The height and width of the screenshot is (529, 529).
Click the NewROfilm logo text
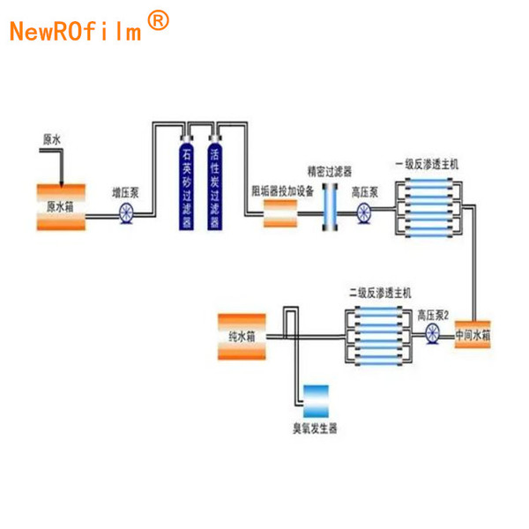point(75,31)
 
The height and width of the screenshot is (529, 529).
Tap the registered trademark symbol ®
point(157,21)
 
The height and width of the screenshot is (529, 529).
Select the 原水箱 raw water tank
point(62,206)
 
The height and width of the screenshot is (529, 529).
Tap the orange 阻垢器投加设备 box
point(279,212)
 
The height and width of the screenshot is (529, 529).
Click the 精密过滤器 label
point(328,170)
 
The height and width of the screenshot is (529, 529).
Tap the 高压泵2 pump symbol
point(432,334)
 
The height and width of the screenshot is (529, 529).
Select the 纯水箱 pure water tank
point(241,336)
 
